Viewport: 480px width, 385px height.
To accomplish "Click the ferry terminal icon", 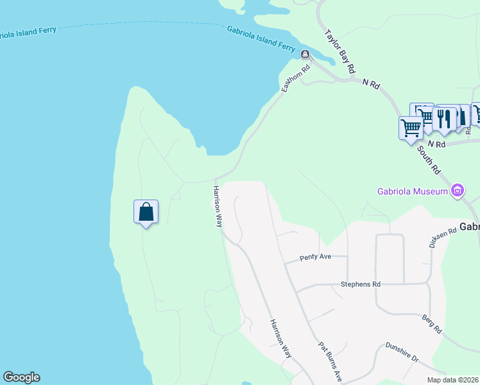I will tap(305, 54).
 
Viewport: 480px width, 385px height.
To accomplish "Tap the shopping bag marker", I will tap(146, 211).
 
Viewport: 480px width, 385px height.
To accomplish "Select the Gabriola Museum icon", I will tap(458, 190).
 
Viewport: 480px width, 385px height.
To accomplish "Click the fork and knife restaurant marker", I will tap(443, 118).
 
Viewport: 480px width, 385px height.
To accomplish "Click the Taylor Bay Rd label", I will tap(340, 50).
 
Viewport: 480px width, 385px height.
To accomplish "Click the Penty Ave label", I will tap(315, 257).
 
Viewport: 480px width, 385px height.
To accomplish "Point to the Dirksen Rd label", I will tap(442, 236).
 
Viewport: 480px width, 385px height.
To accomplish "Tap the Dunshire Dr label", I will tap(402, 354).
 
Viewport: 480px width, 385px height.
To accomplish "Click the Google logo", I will tap(21, 377).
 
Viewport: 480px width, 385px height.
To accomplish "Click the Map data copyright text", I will tap(453, 380).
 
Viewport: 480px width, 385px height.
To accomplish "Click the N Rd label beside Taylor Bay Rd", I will tap(372, 83).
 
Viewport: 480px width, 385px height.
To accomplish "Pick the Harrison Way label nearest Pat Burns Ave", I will tap(280, 339).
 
